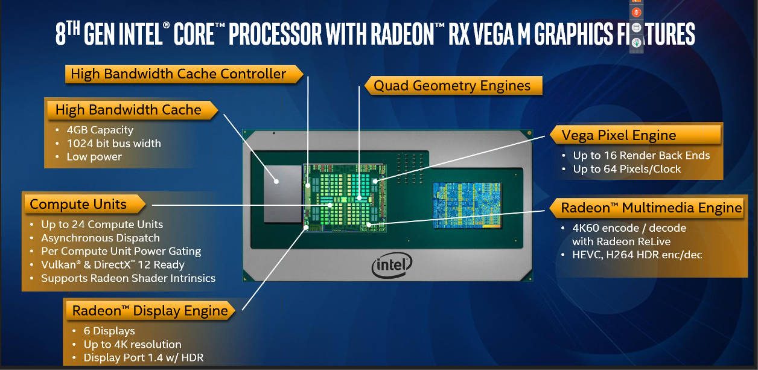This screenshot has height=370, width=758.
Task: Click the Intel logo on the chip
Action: point(392,266)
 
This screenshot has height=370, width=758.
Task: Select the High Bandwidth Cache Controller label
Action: point(179,74)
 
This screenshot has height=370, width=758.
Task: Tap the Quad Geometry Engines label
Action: point(452,86)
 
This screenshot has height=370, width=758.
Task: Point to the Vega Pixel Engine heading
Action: point(619,135)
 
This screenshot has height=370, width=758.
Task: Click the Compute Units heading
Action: point(78,204)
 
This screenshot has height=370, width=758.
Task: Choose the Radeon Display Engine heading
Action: point(150,311)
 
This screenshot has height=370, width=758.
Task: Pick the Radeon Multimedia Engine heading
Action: point(651,208)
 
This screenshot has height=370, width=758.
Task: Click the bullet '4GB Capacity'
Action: point(100,130)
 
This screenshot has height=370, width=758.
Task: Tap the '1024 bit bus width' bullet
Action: point(114,144)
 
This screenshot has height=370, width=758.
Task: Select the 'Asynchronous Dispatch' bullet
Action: point(100,238)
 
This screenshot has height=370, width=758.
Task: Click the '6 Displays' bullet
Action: point(109,331)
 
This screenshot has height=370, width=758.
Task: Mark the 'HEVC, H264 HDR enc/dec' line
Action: point(637,255)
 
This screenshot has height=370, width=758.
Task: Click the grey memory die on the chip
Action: point(282,193)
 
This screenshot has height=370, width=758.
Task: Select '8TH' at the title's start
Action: point(68,35)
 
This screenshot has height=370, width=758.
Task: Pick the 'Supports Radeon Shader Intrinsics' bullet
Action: point(128,278)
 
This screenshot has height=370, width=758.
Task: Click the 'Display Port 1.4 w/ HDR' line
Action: point(144,358)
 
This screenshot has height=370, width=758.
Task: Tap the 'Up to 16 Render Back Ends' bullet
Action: point(642,156)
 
